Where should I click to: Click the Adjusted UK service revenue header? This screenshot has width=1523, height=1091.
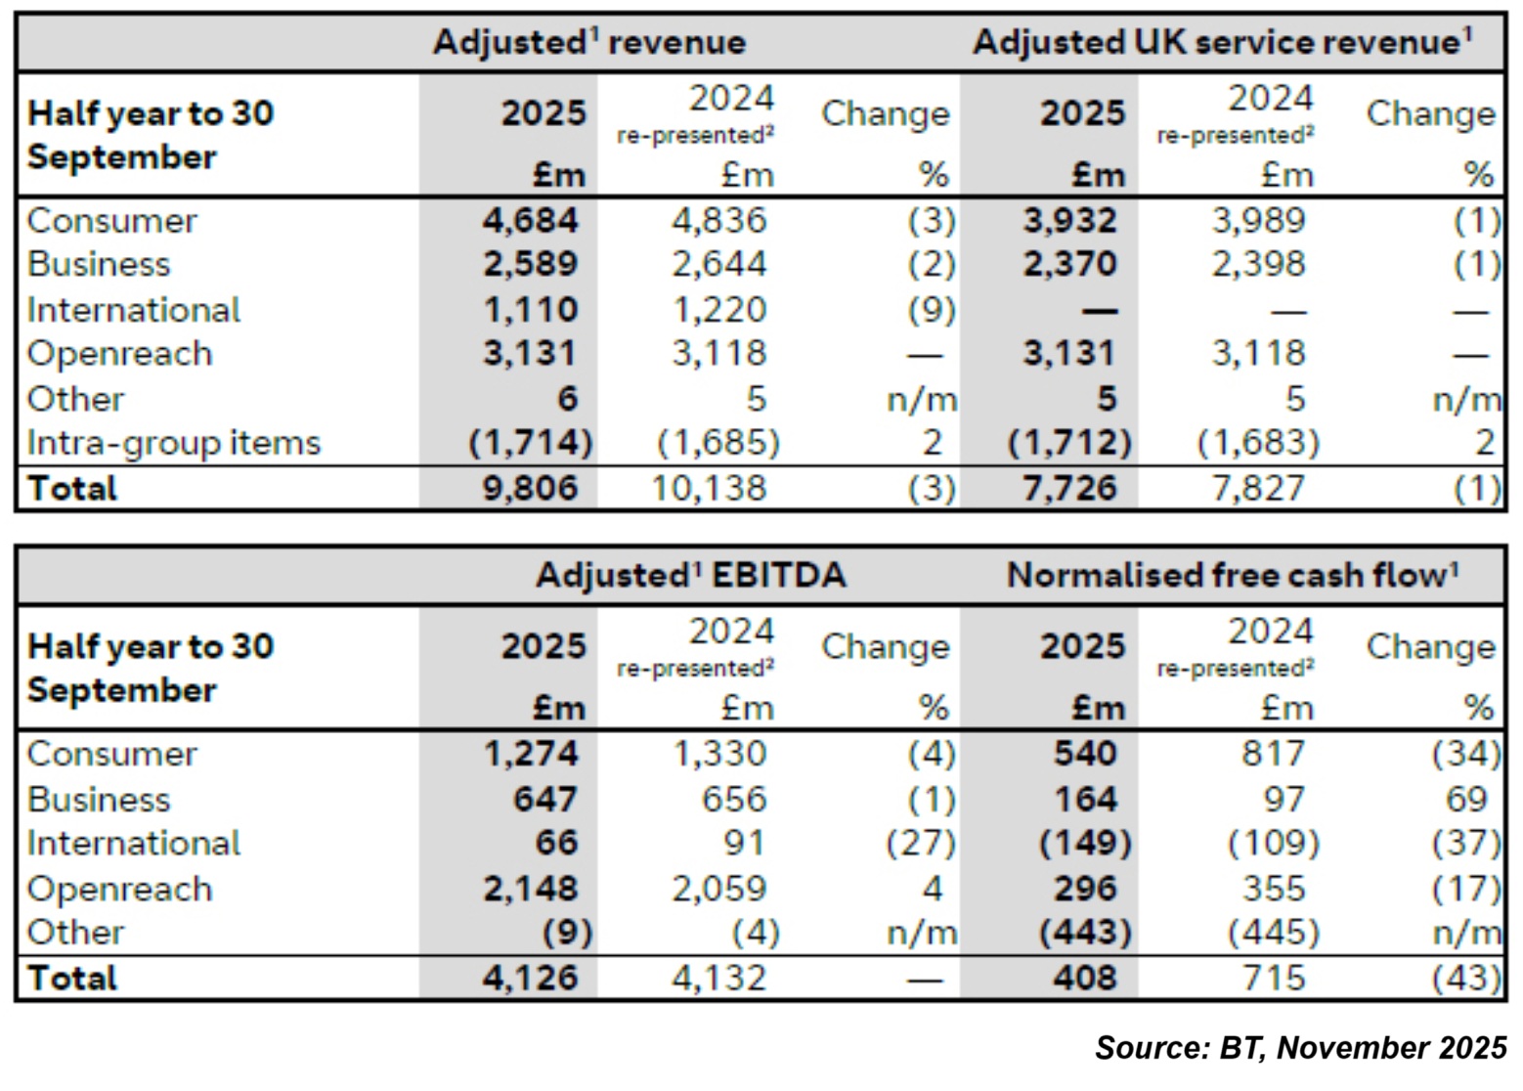pos(1222,43)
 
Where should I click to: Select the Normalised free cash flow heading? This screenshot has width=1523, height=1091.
pos(1232,576)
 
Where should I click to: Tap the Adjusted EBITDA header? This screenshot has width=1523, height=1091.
pos(690,576)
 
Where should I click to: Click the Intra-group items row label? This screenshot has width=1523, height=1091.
pos(174,443)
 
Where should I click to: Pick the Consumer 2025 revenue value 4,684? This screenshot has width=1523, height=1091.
pos(530,220)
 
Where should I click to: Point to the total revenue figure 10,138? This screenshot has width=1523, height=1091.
pos(709,488)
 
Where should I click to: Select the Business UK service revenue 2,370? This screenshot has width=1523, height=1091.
pos(1069,265)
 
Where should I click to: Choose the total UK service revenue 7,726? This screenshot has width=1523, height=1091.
pos(1069,488)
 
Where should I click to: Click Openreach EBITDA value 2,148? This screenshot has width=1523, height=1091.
pos(530,889)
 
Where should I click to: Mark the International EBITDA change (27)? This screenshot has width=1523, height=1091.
pos(920,844)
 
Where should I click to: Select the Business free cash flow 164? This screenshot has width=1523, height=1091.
pos(1085,800)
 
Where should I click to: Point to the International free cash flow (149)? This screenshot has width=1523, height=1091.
pos(1083,844)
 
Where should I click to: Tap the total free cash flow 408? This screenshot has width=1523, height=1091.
pos(1085,978)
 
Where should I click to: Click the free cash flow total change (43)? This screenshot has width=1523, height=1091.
pos(1465,978)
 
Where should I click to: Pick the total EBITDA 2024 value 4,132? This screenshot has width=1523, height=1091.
pos(718,978)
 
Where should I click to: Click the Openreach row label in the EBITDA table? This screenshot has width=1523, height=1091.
pos(119,889)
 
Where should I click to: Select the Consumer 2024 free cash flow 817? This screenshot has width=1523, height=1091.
pos(1272,754)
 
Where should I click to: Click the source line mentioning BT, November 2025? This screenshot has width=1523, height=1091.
pos(1300,1048)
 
